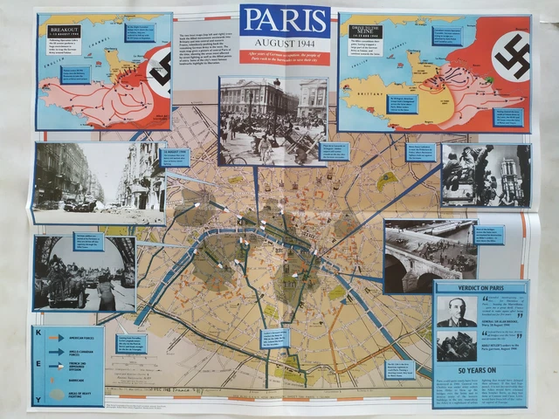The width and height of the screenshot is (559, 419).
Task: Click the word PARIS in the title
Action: click(285, 20)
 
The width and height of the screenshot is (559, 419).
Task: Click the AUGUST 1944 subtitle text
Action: click(285, 41)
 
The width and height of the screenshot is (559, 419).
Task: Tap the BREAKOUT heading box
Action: click(65, 30)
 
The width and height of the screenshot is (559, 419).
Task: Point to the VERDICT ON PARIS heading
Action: click(480, 290)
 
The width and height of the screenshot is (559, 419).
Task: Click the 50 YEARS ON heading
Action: click(480, 369)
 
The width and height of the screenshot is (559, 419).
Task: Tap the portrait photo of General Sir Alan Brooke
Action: click(457, 312)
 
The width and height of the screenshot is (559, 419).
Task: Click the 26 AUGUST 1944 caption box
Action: click(174, 157)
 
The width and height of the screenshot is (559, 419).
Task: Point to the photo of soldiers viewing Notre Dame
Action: click(485, 175)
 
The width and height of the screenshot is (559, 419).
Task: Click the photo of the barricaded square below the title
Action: click(273, 120)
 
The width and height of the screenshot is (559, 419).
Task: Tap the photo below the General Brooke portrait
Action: click(457, 347)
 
